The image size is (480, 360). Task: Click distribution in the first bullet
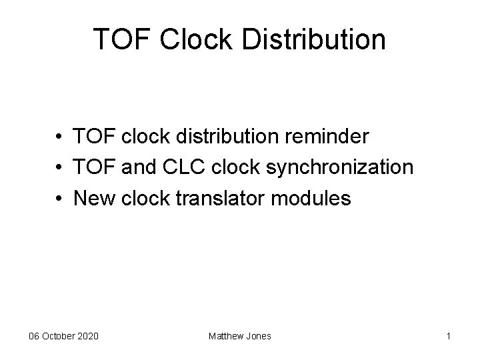(x=227, y=137)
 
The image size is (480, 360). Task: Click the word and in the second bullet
(x=137, y=167)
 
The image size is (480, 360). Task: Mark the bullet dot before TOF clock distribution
(x=60, y=138)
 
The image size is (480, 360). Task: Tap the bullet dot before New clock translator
(x=60, y=198)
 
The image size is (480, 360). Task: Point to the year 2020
(x=88, y=336)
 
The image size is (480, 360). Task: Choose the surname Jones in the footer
(x=259, y=336)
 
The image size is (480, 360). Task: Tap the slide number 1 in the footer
(x=449, y=336)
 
